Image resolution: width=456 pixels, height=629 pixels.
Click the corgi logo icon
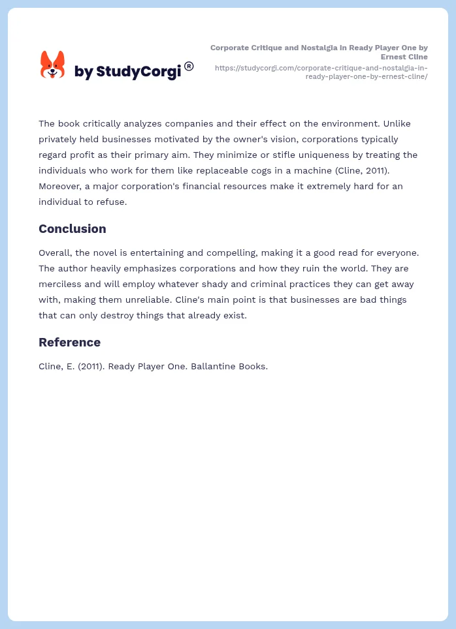pyautogui.click(x=53, y=65)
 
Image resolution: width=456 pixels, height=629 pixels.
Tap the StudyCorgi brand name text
pyautogui.click(x=127, y=71)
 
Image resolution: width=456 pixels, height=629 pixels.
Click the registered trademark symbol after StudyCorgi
pyautogui.click(x=189, y=66)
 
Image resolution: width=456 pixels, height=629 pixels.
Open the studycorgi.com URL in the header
pyautogui.click(x=321, y=72)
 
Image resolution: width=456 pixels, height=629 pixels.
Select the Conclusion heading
pyautogui.click(x=72, y=228)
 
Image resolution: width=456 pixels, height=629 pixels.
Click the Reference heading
pyautogui.click(x=69, y=342)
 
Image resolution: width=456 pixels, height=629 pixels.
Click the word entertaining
pyautogui.click(x=159, y=253)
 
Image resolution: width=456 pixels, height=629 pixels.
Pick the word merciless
pyautogui.click(x=61, y=284)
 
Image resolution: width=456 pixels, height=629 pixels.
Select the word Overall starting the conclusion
pyautogui.click(x=57, y=253)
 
